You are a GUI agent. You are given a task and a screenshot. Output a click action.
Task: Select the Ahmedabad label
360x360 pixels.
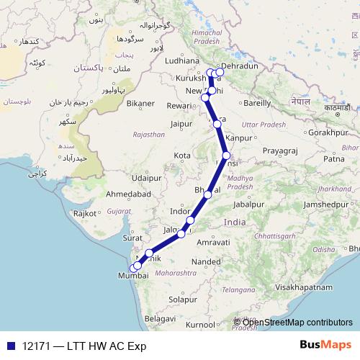[x=127, y=194]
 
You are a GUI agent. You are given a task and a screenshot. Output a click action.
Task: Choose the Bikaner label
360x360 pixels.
[x=140, y=103]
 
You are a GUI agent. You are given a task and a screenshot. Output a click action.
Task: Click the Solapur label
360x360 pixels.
[x=183, y=299]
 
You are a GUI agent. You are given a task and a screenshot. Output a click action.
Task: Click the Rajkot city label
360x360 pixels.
[x=85, y=213]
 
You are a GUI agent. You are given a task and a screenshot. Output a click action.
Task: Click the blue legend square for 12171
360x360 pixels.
[x=8, y=346]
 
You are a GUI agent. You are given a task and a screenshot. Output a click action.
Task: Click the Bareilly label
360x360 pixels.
[x=257, y=103]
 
